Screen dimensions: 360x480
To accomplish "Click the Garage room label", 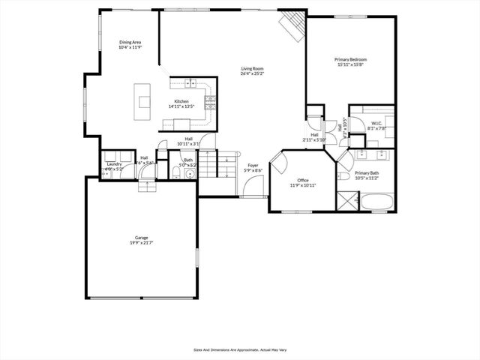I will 141,238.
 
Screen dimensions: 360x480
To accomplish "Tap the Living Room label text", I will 252,69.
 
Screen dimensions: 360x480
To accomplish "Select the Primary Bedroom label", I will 350,58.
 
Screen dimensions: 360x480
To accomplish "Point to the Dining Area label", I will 130,42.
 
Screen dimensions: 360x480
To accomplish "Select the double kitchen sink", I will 190,82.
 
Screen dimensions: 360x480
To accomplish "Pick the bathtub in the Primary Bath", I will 379,201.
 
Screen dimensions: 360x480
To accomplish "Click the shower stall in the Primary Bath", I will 347,200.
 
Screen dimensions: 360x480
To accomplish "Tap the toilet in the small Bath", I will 174,172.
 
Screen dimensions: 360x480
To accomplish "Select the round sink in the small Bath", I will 189,174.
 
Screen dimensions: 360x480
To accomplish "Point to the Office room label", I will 303,180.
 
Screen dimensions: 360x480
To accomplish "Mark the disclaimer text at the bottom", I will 240,349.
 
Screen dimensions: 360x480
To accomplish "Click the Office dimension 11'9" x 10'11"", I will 303,185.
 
